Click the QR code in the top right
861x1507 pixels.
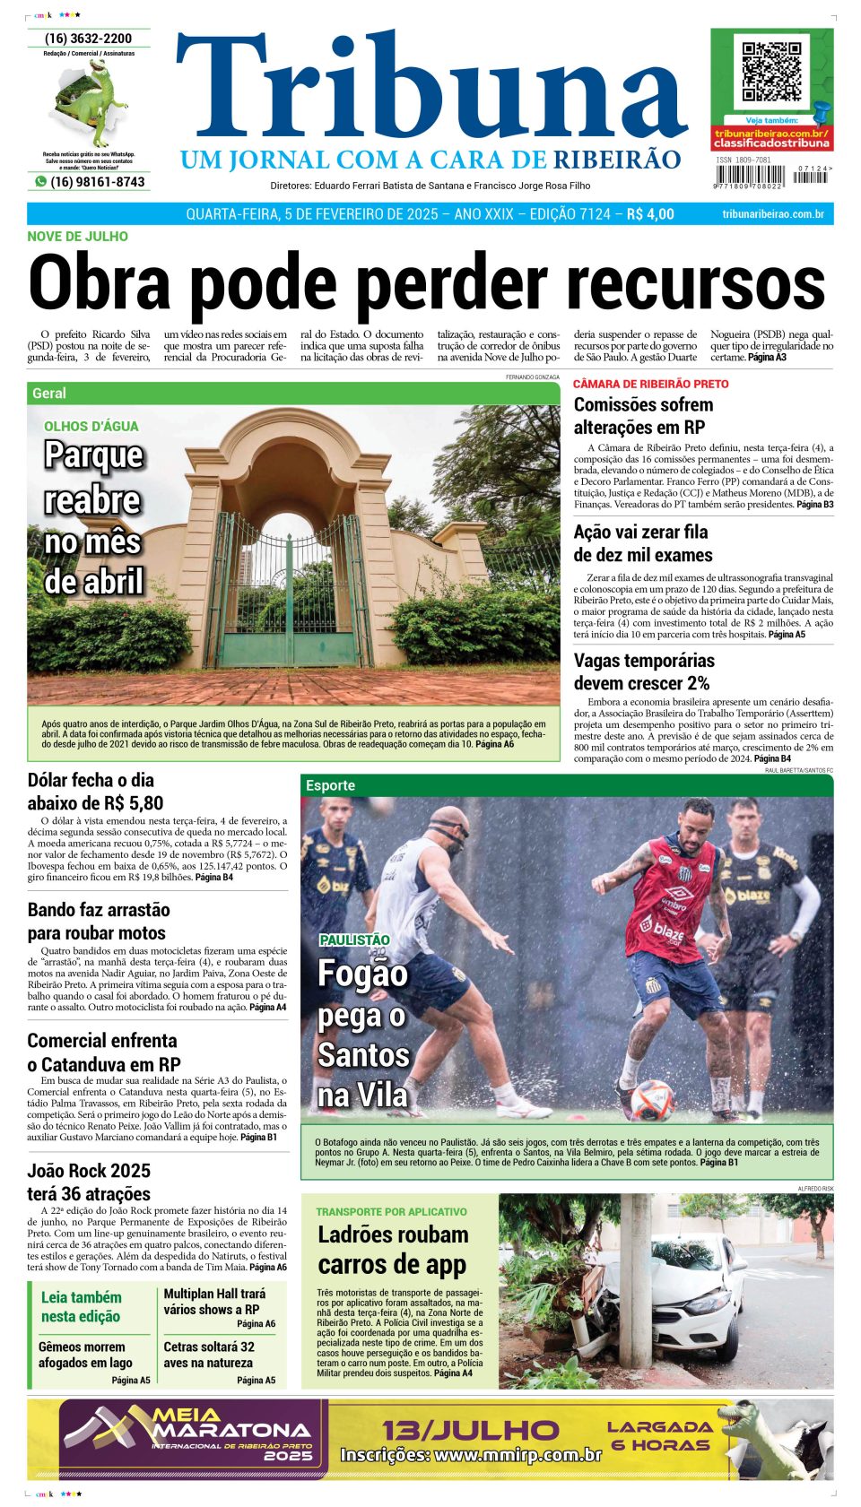771,72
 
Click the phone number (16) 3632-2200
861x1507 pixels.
88,39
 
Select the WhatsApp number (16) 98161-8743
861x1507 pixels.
97,182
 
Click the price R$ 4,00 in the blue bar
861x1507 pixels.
650,214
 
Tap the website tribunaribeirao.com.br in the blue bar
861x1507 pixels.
772,214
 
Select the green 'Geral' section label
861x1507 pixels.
49,394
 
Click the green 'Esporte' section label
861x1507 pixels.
330,785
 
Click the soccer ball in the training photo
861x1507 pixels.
653,1099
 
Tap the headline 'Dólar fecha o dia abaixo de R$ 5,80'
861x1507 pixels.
95,792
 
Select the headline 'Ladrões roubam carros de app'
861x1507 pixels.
393,1249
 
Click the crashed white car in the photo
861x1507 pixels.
700,1290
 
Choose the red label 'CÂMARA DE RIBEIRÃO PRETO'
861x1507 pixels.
650,384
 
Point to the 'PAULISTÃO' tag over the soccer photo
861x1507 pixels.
354,940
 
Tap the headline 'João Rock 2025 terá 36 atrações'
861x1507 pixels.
89,1182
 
